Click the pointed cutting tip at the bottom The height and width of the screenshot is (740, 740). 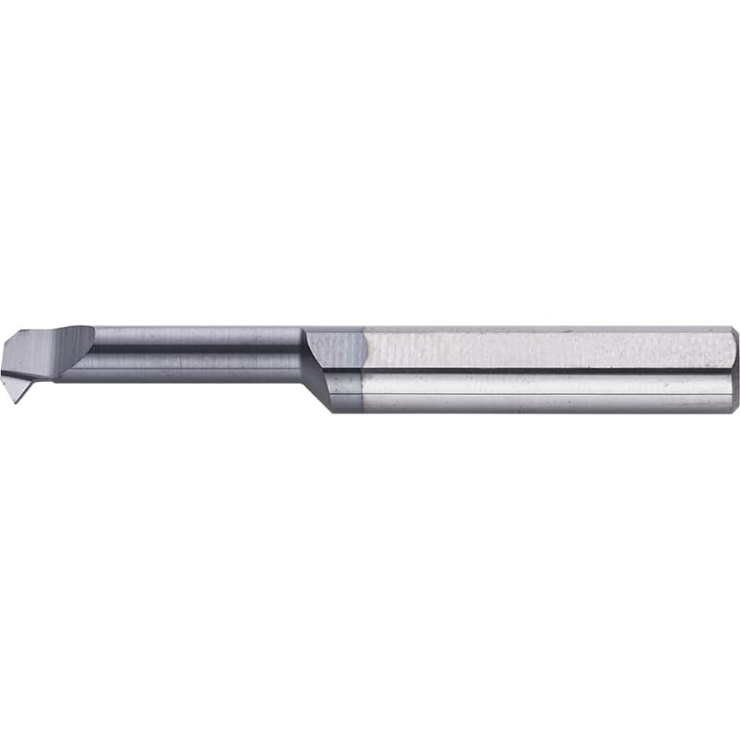point(19,401)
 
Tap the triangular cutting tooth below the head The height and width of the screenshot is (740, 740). point(20,387)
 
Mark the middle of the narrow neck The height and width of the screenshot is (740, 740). point(194,353)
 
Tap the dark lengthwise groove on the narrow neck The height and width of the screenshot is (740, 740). point(194,349)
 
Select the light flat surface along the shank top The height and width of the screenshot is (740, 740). point(546,349)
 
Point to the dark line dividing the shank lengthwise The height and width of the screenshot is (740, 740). point(546,370)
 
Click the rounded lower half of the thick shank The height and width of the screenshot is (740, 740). point(546,391)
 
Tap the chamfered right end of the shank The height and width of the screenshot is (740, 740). point(734,370)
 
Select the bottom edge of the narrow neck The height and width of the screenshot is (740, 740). point(194,379)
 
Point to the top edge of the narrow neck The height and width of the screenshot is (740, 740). point(194,328)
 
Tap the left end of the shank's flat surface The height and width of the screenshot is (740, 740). point(370,349)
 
